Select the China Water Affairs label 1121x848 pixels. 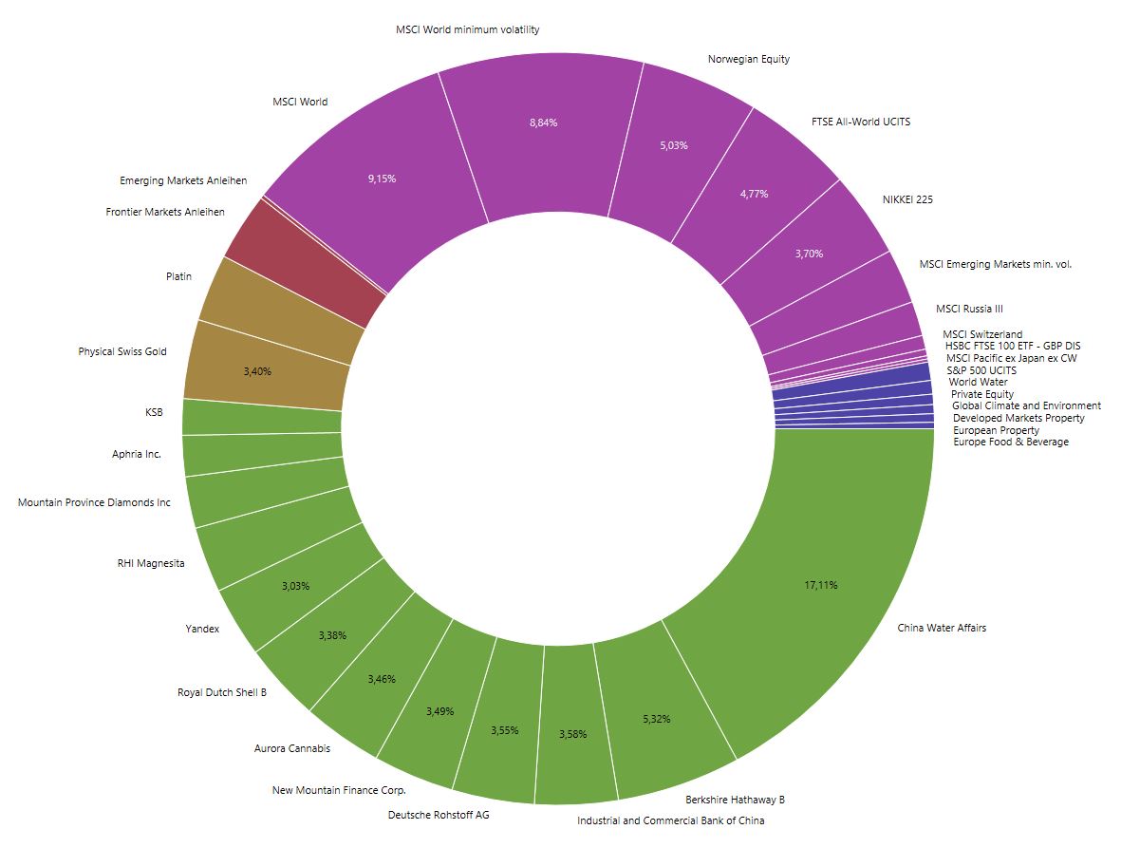point(942,628)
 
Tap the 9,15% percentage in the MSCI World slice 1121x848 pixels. point(382,179)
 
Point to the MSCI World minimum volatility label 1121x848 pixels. point(467,29)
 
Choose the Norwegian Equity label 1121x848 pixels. point(748,59)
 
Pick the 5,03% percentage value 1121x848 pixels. point(673,145)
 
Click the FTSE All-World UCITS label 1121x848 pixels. point(861,122)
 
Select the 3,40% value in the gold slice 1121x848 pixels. point(257,371)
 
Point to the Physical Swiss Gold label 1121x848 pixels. point(122,351)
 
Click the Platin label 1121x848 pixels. point(178,276)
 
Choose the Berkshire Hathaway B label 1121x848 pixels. point(735,800)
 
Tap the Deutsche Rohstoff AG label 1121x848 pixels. point(439,815)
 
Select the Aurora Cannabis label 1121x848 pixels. point(292,748)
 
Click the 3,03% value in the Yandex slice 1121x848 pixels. point(295,586)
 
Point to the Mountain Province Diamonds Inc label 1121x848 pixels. point(94,502)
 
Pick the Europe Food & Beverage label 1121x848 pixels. point(1010,442)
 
